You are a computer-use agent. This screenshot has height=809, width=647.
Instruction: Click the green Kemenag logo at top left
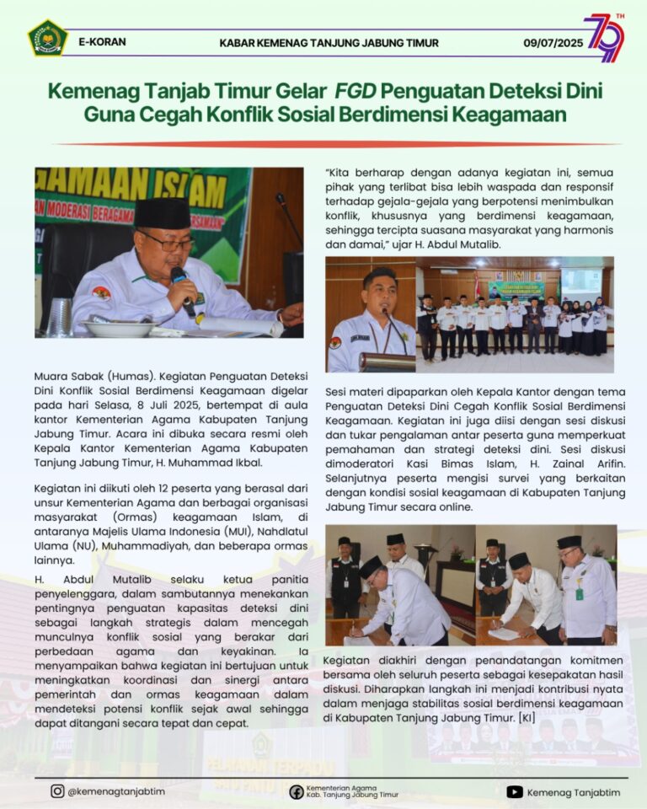(47, 38)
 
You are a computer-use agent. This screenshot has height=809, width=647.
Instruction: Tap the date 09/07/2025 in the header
(553, 42)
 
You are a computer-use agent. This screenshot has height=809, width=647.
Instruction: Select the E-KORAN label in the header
(102, 41)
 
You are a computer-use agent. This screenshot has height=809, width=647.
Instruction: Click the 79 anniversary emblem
(606, 37)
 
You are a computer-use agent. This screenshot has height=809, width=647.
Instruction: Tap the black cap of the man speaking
(163, 212)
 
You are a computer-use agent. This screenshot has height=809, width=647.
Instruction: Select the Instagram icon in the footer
(57, 791)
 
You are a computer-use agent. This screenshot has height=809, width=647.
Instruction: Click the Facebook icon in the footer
(297, 791)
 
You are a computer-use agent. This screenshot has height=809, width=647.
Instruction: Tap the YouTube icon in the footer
(515, 791)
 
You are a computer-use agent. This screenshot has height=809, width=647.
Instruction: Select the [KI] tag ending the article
(527, 718)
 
